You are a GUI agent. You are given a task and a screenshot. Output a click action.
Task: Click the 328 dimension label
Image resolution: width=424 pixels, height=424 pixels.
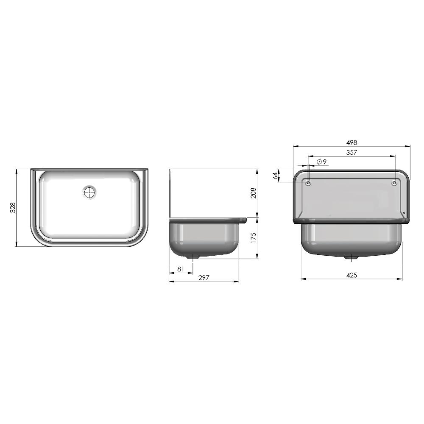(x=13, y=207)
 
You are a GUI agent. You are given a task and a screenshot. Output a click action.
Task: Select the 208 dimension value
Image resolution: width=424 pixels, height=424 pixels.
(x=253, y=193)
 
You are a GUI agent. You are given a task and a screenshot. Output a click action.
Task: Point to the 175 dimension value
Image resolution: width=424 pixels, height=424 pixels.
(x=253, y=238)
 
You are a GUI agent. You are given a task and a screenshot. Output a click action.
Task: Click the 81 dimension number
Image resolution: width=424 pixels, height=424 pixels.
(x=180, y=269)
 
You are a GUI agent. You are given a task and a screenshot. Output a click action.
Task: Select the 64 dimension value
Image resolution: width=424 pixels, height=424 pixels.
(x=275, y=176)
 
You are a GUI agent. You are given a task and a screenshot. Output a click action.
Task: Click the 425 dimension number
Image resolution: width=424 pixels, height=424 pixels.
(x=351, y=275)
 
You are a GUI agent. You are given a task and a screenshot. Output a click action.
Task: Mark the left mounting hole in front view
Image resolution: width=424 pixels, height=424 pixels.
(x=308, y=183)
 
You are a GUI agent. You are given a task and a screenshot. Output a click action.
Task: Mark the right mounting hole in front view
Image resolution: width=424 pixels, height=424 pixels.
(x=394, y=183)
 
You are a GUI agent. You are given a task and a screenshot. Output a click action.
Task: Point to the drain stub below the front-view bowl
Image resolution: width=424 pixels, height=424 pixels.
(x=351, y=257)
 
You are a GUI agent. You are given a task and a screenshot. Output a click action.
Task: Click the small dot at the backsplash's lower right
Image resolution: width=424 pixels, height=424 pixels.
(x=404, y=213)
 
